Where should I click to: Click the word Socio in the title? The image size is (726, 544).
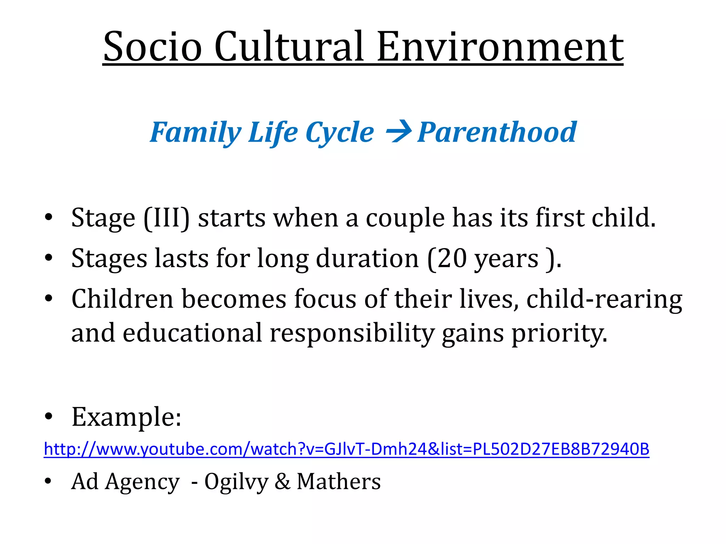(152, 47)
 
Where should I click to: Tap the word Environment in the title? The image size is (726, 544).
(500, 47)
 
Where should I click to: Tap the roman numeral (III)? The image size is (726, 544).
(166, 218)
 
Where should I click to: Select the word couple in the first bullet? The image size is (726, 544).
(405, 219)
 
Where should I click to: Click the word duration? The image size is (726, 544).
(367, 259)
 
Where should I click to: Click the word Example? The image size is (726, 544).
(127, 417)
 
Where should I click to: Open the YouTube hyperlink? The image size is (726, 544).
(346, 449)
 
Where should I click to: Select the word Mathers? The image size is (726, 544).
(339, 481)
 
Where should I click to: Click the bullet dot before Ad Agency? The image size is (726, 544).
(49, 481)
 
